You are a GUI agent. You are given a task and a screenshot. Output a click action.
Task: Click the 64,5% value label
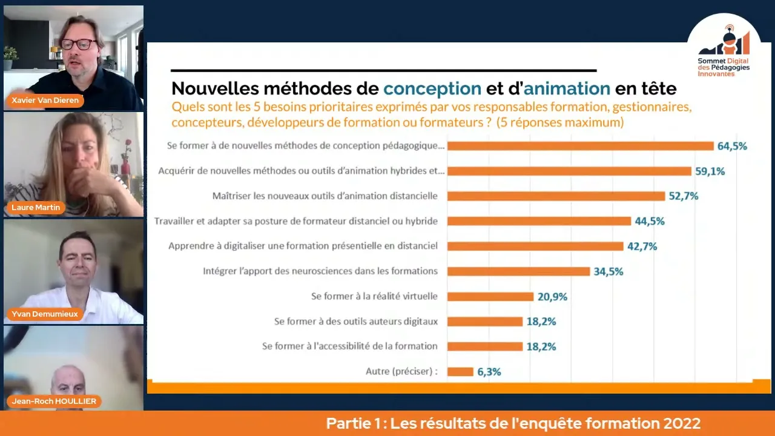[732, 146]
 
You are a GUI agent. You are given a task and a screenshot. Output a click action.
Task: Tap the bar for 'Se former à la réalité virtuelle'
[490, 297]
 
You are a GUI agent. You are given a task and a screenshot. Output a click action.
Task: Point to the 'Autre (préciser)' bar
[460, 372]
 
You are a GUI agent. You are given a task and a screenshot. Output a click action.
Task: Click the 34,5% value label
[608, 271]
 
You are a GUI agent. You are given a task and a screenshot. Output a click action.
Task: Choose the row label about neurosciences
[320, 271]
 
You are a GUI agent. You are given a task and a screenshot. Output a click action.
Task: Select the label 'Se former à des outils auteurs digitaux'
[356, 322]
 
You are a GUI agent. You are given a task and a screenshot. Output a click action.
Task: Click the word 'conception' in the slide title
[432, 89]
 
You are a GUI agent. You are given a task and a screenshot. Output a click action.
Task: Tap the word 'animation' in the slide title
[567, 89]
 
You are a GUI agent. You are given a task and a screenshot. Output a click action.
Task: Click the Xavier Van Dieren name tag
[45, 100]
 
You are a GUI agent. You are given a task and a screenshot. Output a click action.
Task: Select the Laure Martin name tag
[36, 208]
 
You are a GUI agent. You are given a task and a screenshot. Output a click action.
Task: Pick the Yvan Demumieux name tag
[45, 314]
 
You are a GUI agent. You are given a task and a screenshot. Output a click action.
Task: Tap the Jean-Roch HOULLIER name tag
[54, 401]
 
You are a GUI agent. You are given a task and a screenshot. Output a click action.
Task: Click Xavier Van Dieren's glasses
[78, 44]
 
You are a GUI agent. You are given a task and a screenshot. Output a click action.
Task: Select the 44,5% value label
[649, 221]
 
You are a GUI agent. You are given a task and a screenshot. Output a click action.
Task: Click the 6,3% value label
[489, 372]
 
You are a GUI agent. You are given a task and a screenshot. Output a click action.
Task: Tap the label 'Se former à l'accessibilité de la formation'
[350, 346]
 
